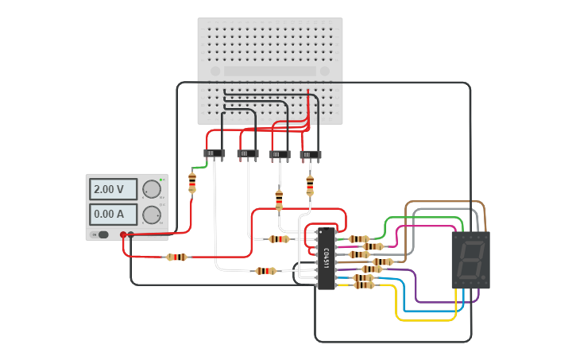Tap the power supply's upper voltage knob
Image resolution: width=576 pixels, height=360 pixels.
point(150,189)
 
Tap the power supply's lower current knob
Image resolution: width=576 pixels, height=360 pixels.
point(150,214)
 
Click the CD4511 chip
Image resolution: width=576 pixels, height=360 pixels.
point(326,258)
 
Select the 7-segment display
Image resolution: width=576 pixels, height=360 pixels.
point(470,260)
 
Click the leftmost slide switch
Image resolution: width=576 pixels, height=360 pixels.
point(214,153)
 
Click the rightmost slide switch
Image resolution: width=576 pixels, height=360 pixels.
point(311,155)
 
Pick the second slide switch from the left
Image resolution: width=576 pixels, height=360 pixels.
point(248,153)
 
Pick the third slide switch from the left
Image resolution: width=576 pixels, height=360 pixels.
point(280,155)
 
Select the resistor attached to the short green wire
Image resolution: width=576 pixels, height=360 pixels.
point(192,182)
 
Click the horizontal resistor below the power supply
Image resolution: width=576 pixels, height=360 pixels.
point(176,257)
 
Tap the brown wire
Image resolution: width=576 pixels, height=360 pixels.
point(445,202)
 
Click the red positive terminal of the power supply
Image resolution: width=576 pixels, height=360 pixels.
point(123,234)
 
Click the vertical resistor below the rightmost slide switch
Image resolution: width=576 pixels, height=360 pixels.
point(310,185)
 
